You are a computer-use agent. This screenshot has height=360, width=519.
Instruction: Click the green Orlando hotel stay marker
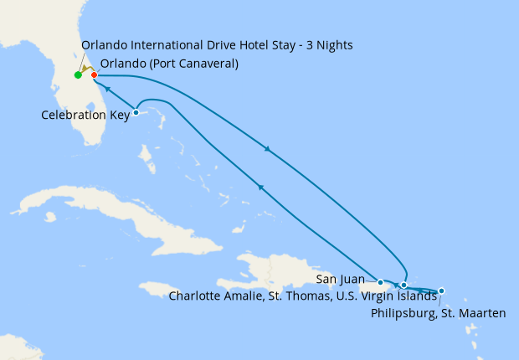pyautogui.click(x=78, y=75)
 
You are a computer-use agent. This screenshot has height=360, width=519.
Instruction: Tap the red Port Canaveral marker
pyautogui.click(x=94, y=75)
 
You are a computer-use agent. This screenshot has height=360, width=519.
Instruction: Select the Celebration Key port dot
pyautogui.click(x=136, y=113)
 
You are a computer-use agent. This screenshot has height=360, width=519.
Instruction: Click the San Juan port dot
pyautogui.click(x=381, y=282)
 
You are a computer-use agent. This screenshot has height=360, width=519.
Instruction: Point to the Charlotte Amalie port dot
pyautogui.click(x=403, y=285)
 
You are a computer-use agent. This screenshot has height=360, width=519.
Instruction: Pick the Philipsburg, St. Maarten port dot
pyautogui.click(x=441, y=291)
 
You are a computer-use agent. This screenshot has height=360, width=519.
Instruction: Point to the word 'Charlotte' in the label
pyautogui.click(x=198, y=295)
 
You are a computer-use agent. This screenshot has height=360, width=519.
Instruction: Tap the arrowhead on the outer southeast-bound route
pyautogui.click(x=268, y=150)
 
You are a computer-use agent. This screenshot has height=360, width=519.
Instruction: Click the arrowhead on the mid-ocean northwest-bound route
pyautogui.click(x=262, y=188)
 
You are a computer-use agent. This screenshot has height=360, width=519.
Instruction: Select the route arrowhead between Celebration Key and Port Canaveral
pyautogui.click(x=108, y=88)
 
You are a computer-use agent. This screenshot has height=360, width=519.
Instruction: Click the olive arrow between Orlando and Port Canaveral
pyautogui.click(x=86, y=69)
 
